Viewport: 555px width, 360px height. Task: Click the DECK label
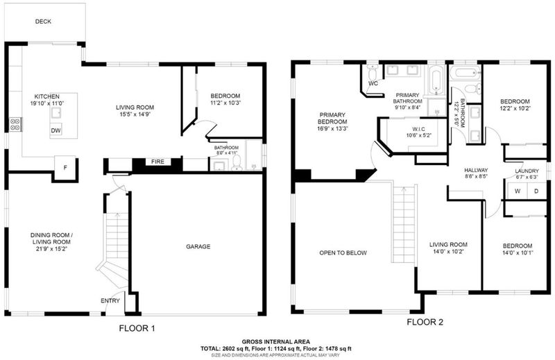[43, 22]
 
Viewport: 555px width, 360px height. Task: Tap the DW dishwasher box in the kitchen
[55, 130]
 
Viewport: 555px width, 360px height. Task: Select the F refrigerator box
[65, 167]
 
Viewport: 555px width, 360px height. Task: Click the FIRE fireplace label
[158, 162]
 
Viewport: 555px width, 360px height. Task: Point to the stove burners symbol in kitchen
[15, 124]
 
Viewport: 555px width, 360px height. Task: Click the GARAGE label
[198, 246]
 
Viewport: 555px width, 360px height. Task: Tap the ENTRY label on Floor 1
[110, 301]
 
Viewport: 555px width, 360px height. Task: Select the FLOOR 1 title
[137, 329]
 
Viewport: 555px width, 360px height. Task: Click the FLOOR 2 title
[425, 322]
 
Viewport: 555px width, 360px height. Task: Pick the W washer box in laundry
[518, 191]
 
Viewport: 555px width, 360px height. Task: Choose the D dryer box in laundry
[536, 191]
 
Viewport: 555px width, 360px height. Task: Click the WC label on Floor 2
[373, 83]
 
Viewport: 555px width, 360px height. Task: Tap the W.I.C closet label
[419, 129]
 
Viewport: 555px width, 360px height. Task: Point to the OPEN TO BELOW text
[343, 252]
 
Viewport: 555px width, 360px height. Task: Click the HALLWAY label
[476, 170]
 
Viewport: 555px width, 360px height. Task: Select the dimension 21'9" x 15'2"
[51, 249]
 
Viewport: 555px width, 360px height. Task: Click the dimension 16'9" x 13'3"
[333, 128]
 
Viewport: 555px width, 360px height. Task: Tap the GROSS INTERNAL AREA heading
[275, 341]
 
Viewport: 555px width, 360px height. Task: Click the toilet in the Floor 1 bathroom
[237, 163]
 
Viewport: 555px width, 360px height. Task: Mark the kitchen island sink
[56, 113]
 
